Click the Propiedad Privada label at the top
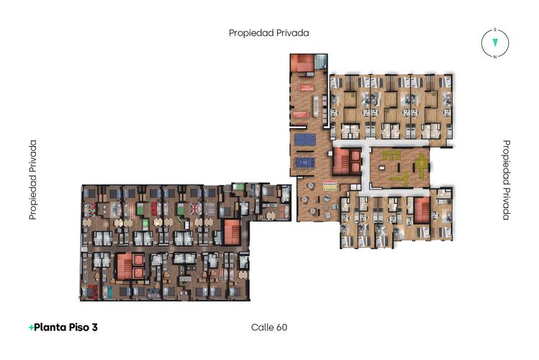tap(269, 32)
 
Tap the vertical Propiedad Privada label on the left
tap(32, 180)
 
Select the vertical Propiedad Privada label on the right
tap(506, 180)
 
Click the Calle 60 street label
tap(269, 328)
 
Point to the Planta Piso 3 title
tap(63, 328)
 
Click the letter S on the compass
tap(495, 30)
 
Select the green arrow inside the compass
tap(495, 43)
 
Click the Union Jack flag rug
tap(195, 210)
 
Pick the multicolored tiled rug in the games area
tap(330, 184)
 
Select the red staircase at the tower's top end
tap(303, 63)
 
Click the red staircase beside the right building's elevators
tap(340, 162)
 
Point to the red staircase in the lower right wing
tap(422, 211)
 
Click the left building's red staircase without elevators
tap(232, 233)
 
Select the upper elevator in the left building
tap(139, 261)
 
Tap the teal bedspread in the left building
tap(109, 291)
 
